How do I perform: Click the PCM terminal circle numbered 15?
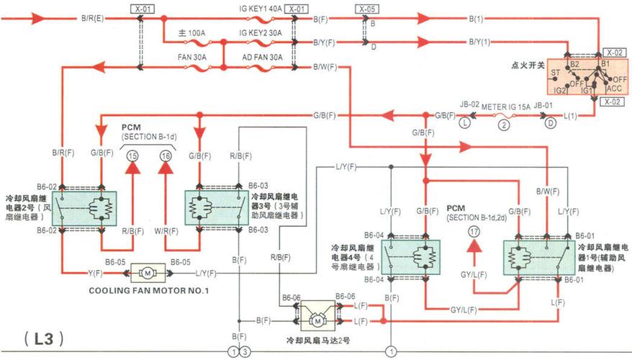[132, 156]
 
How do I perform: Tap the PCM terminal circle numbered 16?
[166, 156]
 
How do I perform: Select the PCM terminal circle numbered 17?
[473, 232]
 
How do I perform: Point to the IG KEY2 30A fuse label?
[261, 33]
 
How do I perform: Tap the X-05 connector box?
[366, 9]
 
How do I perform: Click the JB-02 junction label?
[469, 105]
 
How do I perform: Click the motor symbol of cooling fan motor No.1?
[147, 273]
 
